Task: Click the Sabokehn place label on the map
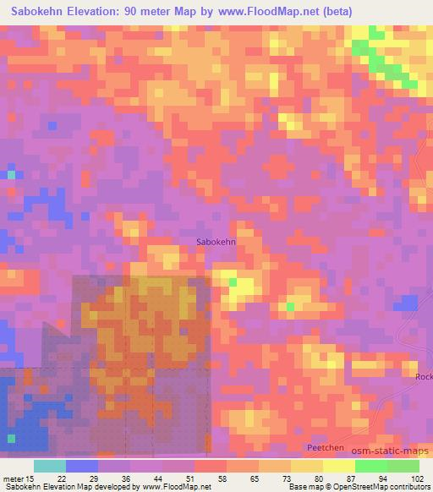tap(216, 242)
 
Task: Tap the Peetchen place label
tap(324, 446)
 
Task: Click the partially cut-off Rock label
tap(424, 377)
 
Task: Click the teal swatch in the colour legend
tap(50, 466)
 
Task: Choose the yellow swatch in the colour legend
tap(339, 466)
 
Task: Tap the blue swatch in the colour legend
tap(82, 466)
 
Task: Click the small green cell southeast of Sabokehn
tap(291, 306)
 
